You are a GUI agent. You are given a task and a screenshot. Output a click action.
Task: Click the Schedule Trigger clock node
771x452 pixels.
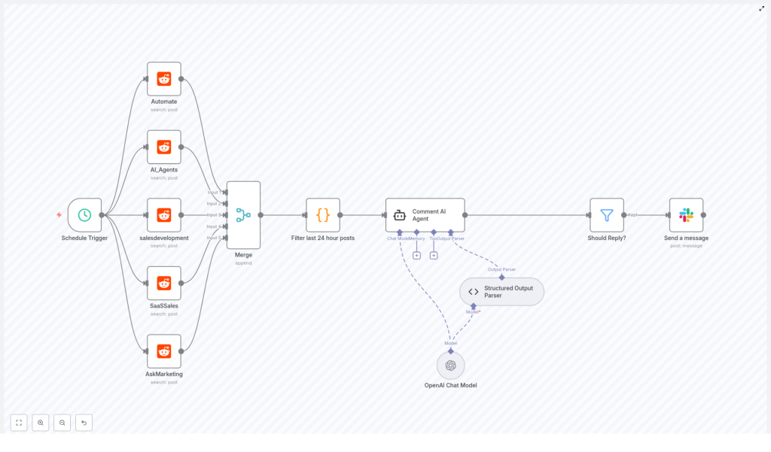[x=84, y=215]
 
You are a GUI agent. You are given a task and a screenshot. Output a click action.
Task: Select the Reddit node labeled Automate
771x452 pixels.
[x=164, y=79]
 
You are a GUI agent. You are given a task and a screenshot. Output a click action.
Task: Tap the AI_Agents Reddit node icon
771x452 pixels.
[x=164, y=147]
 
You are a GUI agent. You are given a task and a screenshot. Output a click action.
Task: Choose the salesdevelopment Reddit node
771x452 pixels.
[x=164, y=215]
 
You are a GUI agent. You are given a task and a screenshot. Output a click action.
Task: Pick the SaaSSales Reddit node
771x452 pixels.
[x=164, y=283]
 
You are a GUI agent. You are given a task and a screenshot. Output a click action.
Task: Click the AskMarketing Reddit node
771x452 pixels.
[x=164, y=351]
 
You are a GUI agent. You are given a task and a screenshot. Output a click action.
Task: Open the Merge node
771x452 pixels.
[x=243, y=215]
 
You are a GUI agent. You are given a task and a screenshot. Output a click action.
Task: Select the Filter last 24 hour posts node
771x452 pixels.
[x=323, y=215]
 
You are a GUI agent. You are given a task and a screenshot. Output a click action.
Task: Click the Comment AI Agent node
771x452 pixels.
[x=425, y=215]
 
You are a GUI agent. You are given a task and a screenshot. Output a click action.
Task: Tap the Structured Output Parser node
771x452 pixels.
[x=501, y=292]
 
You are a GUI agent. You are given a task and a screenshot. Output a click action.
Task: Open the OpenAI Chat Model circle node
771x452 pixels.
[x=450, y=366]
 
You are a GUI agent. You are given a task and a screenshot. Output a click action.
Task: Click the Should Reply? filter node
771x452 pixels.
[x=607, y=215]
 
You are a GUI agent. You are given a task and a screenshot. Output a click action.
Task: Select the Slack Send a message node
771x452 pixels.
[x=686, y=215]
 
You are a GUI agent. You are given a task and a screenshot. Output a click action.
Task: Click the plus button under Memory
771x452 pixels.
[x=416, y=256]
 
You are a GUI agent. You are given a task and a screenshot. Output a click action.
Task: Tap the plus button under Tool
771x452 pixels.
[x=434, y=256]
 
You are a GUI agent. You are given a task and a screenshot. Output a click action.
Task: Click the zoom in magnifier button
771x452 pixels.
[x=41, y=423]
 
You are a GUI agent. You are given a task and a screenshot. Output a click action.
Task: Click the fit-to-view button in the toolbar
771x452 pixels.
[x=19, y=423]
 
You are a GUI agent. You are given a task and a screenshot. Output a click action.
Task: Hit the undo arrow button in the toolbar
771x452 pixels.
[x=84, y=423]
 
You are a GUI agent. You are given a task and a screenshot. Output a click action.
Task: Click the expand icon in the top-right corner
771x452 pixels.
[x=761, y=8]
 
